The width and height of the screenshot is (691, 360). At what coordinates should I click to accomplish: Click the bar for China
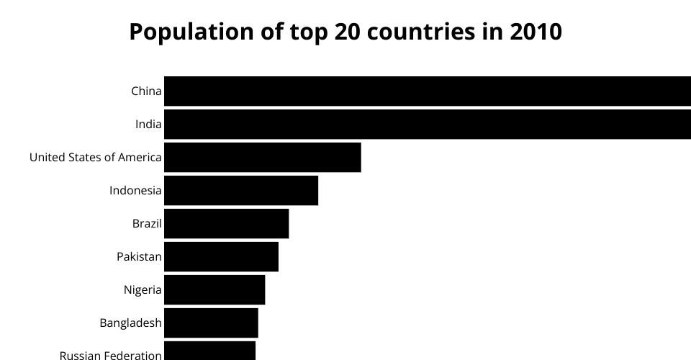[428, 91]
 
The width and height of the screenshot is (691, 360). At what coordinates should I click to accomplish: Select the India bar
[428, 124]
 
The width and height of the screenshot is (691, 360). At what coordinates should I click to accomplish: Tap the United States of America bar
[263, 157]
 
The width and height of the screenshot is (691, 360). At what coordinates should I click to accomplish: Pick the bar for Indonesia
[241, 190]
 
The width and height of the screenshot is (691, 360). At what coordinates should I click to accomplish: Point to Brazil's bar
[227, 223]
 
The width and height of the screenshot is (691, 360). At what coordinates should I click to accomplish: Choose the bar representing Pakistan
[221, 256]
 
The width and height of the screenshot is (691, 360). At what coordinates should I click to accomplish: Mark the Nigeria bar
[214, 289]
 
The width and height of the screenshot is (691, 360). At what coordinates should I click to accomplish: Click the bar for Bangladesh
[211, 323]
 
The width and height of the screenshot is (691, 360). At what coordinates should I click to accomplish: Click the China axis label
[146, 91]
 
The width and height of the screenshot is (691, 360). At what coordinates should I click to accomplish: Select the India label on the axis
[148, 125]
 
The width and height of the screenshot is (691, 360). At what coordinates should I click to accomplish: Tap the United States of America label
[95, 158]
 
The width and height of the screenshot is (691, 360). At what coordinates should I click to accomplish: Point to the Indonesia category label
[135, 191]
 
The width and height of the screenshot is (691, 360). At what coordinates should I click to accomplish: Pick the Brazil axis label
[147, 224]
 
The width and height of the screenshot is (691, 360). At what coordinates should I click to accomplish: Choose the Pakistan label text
[139, 257]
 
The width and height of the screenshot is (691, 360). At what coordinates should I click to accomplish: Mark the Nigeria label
[143, 290]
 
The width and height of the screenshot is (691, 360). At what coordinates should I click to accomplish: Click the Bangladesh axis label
[130, 323]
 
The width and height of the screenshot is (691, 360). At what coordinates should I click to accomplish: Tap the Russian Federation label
[110, 355]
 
